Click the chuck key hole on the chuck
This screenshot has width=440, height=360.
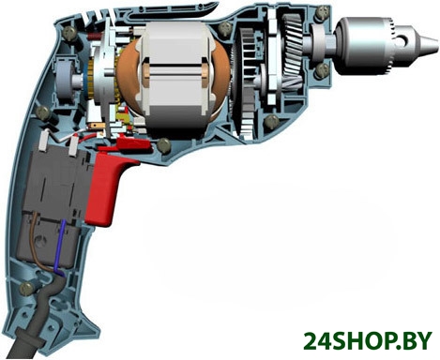coord(404,39)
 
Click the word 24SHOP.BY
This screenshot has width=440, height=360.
coord(368,341)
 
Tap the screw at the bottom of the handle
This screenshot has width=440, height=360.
coord(26,288)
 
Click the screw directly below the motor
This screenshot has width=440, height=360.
coord(163,144)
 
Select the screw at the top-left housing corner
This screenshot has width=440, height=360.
coord(69,33)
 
